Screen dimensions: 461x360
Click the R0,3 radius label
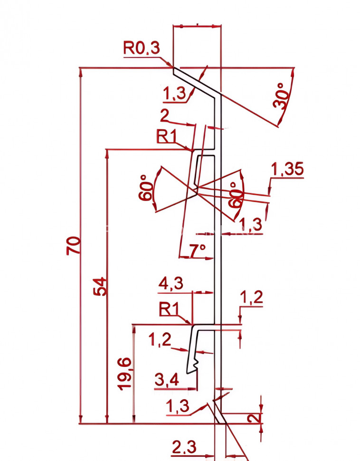click(x=142, y=48)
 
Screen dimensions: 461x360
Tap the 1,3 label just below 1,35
click(x=250, y=223)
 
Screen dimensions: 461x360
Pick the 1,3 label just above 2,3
click(x=178, y=406)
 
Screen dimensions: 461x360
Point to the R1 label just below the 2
click(x=167, y=136)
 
